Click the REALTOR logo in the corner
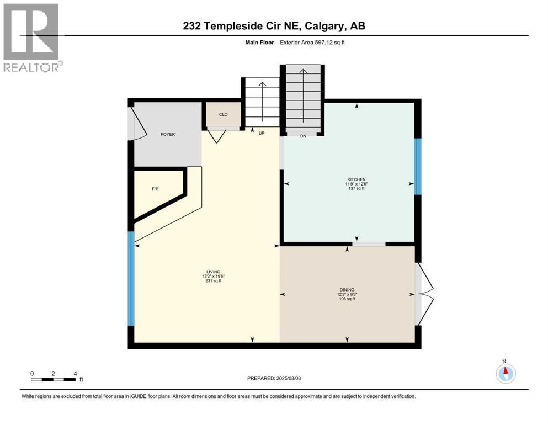[31, 37]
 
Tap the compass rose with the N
[505, 374]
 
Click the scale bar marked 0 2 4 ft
[53, 379]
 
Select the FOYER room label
[168, 134]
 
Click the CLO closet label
[224, 115]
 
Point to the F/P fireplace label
[155, 189]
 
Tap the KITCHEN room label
[356, 179]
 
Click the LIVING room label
[214, 272]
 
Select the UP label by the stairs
[262, 133]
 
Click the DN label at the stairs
[302, 136]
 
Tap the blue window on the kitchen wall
[418, 166]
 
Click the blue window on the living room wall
[131, 279]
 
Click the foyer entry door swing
[135, 123]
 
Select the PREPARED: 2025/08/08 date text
[274, 378]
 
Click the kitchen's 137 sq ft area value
[356, 189]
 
